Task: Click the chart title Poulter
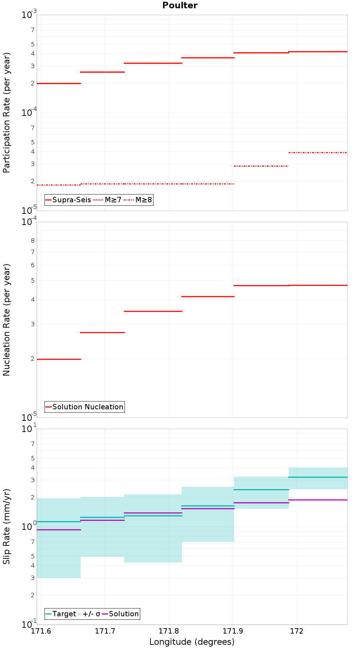point(180,5)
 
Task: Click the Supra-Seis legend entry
point(68,200)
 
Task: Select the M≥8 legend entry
point(138,200)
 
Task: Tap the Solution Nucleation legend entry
point(85,407)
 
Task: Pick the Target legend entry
point(61,614)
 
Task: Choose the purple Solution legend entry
point(120,614)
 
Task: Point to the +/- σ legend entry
point(89,614)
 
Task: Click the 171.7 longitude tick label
point(105,631)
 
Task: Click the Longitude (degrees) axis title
point(192,642)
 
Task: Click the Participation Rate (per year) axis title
point(6,113)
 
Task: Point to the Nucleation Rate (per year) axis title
point(6,320)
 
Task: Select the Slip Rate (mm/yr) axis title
point(6,527)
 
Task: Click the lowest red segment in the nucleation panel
point(59,359)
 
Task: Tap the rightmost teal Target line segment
point(318,477)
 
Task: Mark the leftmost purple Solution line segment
point(59,530)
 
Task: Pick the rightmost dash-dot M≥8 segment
point(318,153)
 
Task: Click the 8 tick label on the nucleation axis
point(33,240)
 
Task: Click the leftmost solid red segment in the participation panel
point(59,84)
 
